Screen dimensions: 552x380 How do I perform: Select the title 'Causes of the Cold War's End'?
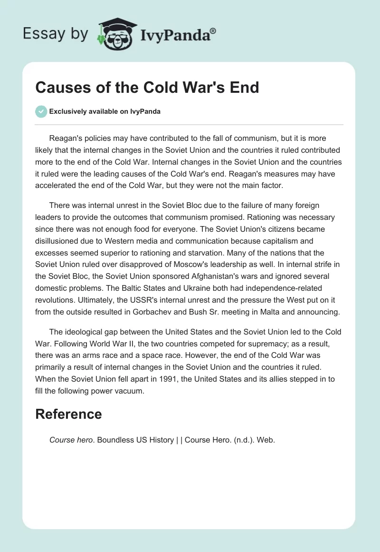click(147, 88)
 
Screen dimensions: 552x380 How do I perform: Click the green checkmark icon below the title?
click(41, 111)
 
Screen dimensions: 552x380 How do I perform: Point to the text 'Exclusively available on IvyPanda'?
click(104, 112)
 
